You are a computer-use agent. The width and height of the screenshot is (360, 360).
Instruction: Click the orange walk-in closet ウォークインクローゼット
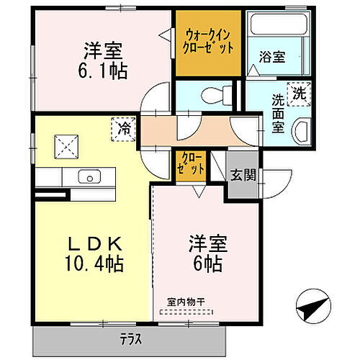[x=209, y=42]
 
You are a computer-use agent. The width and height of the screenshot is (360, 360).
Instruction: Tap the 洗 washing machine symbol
[x=297, y=91]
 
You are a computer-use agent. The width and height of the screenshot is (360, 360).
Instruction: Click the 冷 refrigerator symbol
[x=125, y=130]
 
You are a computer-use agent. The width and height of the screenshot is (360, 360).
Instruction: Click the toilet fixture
[x=215, y=94]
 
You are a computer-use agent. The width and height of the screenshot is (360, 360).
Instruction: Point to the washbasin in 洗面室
[x=301, y=132]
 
